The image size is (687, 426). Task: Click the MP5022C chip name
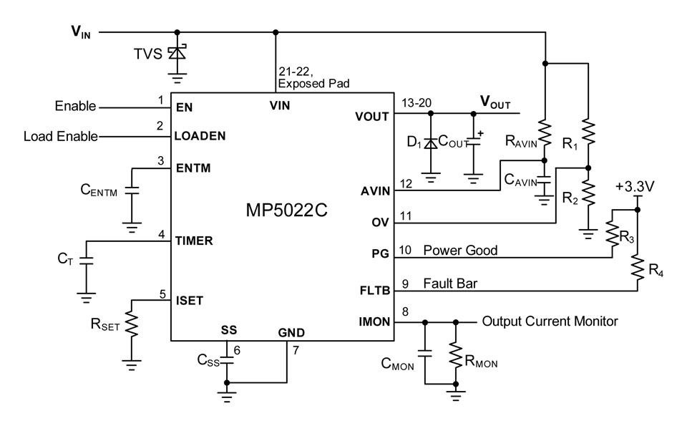click(x=286, y=210)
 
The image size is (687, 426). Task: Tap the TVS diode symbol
click(x=177, y=52)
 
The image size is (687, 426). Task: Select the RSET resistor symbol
click(x=132, y=324)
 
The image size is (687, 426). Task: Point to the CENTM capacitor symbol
click(x=132, y=190)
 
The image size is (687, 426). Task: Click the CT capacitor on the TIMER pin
click(x=87, y=260)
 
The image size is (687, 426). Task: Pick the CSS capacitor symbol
click(x=227, y=360)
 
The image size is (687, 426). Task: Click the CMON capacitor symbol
click(x=424, y=353)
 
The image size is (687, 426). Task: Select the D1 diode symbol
click(x=431, y=143)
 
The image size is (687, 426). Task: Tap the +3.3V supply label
click(x=635, y=187)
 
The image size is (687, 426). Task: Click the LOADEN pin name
click(x=200, y=136)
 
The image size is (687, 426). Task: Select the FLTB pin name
click(x=374, y=290)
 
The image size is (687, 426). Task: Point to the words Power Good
click(x=460, y=251)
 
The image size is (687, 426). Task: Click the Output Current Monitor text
click(x=550, y=321)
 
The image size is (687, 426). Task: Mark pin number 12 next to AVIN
click(x=406, y=183)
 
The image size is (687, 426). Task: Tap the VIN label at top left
click(x=81, y=32)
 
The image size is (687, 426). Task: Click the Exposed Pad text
click(x=313, y=83)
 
